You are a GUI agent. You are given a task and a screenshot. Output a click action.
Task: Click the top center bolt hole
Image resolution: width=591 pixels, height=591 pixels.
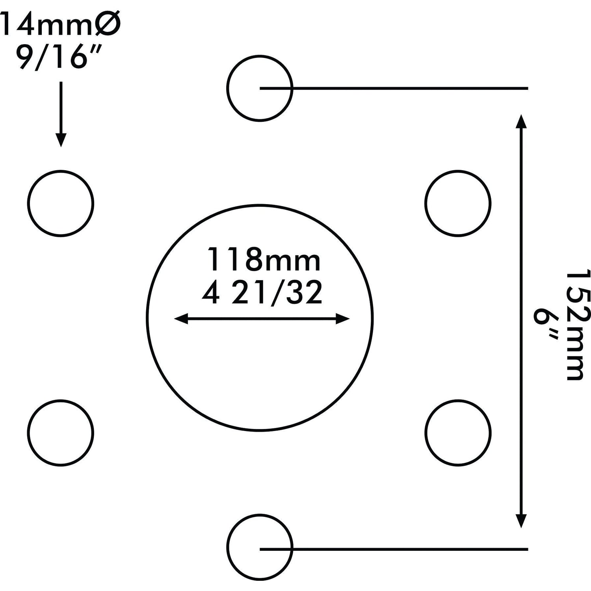[260, 88]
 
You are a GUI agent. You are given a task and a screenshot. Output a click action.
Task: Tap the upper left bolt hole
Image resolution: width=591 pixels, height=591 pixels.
[61, 203]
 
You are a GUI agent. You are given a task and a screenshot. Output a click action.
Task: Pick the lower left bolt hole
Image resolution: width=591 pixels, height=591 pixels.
[61, 433]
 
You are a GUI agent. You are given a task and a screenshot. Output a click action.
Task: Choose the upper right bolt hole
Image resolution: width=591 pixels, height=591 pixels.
[458, 203]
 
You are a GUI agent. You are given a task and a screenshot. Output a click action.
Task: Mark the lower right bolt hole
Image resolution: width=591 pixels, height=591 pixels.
[458, 433]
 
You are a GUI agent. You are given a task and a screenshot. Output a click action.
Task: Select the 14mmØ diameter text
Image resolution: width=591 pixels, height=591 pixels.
[59, 24]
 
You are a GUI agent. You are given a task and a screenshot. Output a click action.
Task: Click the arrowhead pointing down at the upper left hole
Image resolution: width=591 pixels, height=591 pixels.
[61, 140]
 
